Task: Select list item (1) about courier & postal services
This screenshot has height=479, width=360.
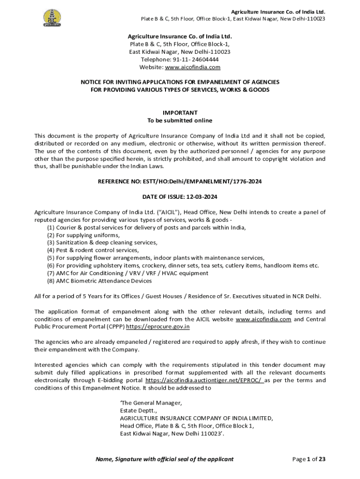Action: pyautogui.click(x=146, y=227)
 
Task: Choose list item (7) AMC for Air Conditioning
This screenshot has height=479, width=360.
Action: pyautogui.click(x=128, y=273)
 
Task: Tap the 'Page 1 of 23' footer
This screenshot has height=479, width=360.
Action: pyautogui.click(x=309, y=459)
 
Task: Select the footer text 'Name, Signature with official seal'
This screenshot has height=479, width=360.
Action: pyautogui.click(x=164, y=459)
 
